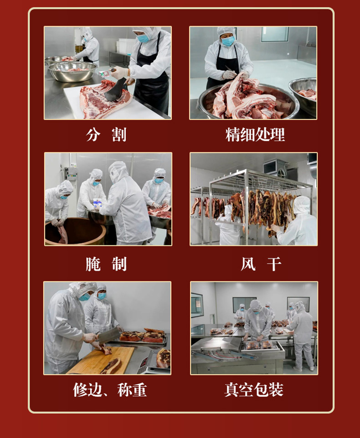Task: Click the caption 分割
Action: point(106,135)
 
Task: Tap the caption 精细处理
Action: point(255,135)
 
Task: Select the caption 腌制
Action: point(106,264)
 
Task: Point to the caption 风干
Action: point(261,264)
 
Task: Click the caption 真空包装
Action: point(254,390)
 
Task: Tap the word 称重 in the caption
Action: point(132,390)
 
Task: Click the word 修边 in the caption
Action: point(87,390)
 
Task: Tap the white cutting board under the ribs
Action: point(112,105)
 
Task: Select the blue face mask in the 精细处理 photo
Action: point(228,41)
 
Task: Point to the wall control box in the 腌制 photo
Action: point(71,173)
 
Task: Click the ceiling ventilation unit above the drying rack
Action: point(275,168)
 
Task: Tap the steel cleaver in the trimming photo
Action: point(109,335)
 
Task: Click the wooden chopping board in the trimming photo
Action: point(101,360)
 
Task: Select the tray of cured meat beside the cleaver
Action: point(143,336)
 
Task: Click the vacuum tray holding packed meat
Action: point(260,346)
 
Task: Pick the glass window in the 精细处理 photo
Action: point(275,34)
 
